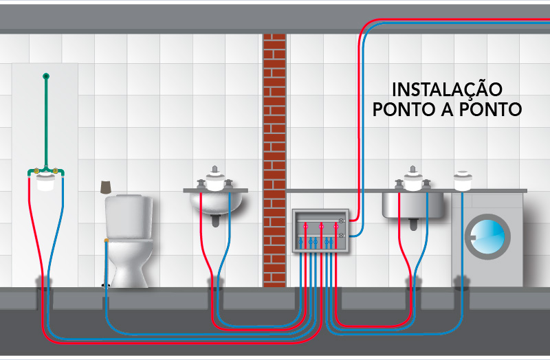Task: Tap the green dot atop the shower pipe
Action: (45, 76)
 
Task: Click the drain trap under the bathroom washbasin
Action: (216, 221)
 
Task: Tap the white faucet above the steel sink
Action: (412, 180)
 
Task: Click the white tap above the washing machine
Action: (463, 180)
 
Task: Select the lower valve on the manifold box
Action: (341, 236)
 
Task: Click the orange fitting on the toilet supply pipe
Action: (105, 240)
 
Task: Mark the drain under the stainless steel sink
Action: (412, 223)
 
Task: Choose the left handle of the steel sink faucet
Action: (399, 183)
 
